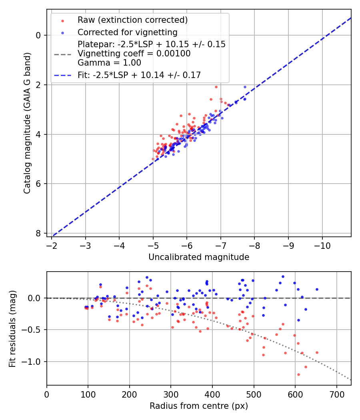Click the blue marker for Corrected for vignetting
(x=62, y=32)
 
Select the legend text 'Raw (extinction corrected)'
(x=132, y=20)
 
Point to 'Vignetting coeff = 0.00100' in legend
(x=134, y=54)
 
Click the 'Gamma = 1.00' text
(x=109, y=63)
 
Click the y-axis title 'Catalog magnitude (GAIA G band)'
(x=27, y=123)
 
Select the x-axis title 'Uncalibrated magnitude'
(x=199, y=257)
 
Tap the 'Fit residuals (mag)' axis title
(x=12, y=328)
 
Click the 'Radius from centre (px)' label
(x=199, y=406)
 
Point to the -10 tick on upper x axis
(x=322, y=245)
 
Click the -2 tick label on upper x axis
(x=51, y=245)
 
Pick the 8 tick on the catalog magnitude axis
(x=39, y=233)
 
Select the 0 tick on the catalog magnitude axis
(x=39, y=35)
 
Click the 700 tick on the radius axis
(x=336, y=394)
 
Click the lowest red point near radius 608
(x=298, y=374)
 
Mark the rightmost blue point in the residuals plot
(x=317, y=289)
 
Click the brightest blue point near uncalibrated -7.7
(x=245, y=87)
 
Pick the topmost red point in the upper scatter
(x=216, y=87)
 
